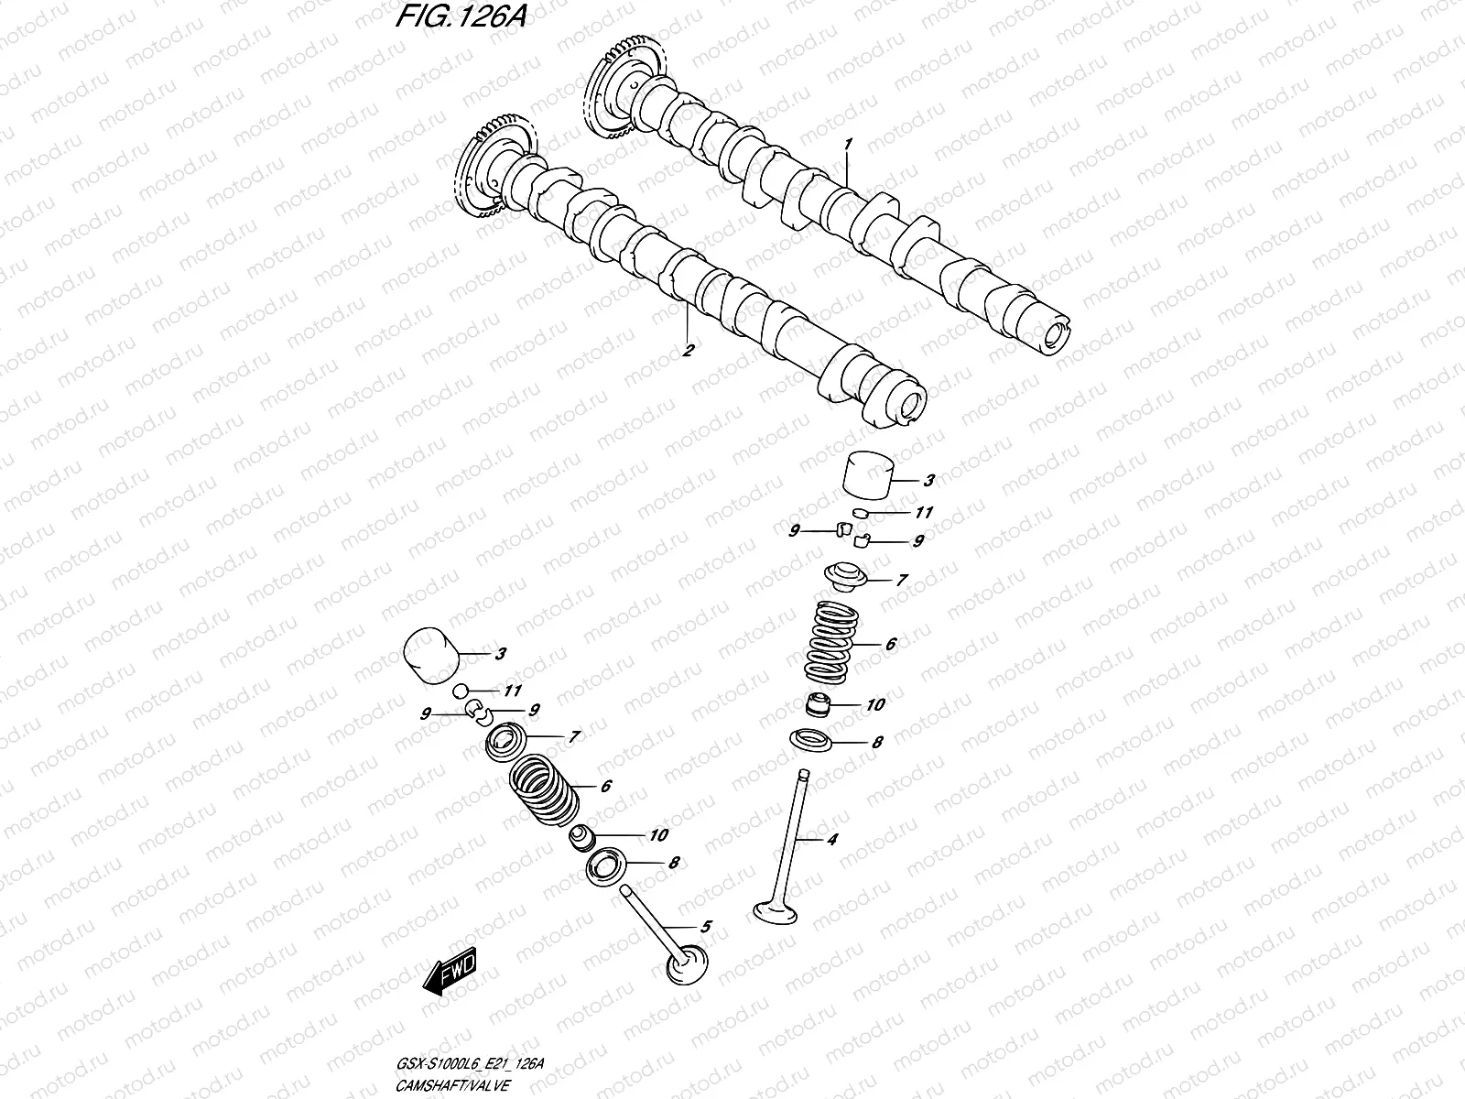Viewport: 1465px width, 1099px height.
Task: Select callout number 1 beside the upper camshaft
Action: pos(849,144)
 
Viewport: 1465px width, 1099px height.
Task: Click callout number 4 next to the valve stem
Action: pos(831,839)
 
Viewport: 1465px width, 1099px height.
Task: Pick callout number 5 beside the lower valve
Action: pos(704,927)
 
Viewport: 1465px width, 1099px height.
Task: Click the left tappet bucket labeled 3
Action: pos(431,655)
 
